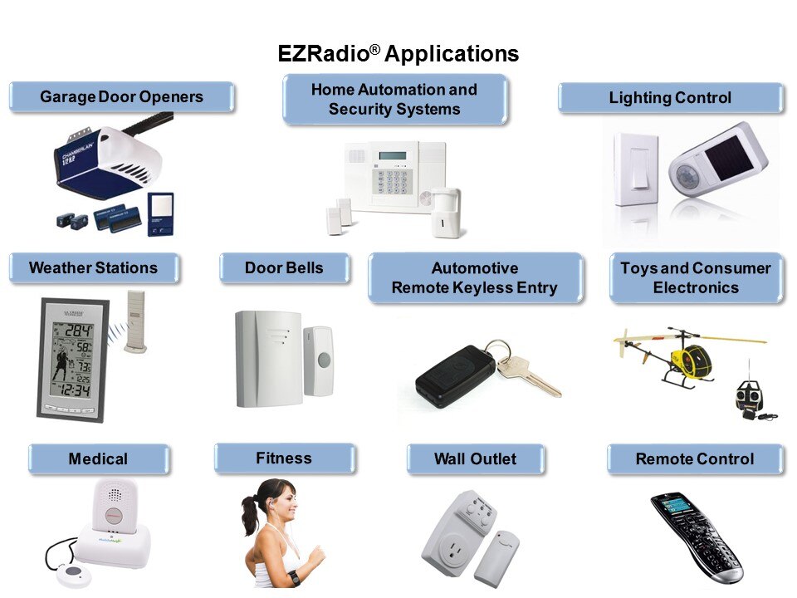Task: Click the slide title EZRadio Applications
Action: click(398, 53)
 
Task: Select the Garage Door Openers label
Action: click(121, 96)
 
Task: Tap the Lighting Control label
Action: click(670, 97)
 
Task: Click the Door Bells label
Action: click(284, 267)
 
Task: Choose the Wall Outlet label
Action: click(475, 458)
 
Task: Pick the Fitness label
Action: click(284, 458)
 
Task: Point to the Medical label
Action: click(98, 458)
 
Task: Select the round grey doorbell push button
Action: click(324, 360)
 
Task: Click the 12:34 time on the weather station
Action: click(75, 390)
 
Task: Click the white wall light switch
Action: click(636, 169)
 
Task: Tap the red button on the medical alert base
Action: click(113, 514)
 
